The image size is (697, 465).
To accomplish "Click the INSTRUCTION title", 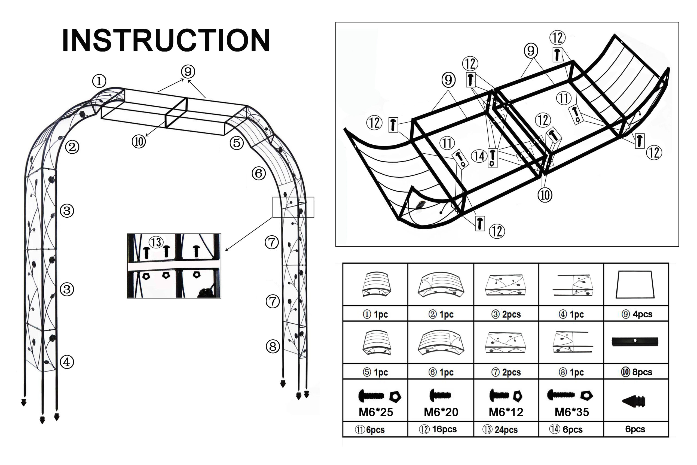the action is tap(166, 40).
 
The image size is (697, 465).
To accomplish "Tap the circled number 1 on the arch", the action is tap(99, 81).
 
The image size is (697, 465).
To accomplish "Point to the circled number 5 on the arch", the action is tap(237, 143).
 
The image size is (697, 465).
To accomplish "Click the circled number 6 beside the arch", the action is tap(259, 173).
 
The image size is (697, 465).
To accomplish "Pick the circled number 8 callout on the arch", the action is tap(273, 347).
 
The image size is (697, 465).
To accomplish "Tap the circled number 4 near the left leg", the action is tap(67, 362).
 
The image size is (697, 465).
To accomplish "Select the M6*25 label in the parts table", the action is tap(376, 412).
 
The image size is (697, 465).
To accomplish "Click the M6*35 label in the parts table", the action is tap(572, 412).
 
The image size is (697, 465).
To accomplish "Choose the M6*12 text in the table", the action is tap(506, 412).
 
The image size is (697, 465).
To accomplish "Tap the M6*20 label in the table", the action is tap(441, 412).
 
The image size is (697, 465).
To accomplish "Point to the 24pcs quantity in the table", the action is tap(506, 430).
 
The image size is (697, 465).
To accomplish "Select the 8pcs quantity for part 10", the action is tap(642, 372).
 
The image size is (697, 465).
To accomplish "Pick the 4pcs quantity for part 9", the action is tap(643, 314).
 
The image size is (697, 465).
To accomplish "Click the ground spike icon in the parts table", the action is tap(634, 402).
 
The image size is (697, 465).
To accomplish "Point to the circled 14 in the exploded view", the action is tap(479, 156).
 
